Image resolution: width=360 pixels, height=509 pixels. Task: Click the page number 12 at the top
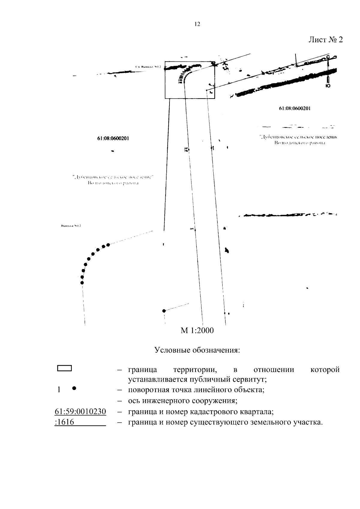point(197,24)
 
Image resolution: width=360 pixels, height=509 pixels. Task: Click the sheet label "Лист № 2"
point(325,40)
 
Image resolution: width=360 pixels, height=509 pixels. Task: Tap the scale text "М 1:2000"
point(197,331)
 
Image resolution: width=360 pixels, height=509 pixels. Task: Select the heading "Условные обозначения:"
point(197,350)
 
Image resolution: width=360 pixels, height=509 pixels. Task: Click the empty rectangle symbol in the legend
point(64,368)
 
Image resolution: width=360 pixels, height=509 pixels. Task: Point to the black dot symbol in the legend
point(74,388)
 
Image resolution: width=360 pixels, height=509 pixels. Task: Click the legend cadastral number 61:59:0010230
point(80,412)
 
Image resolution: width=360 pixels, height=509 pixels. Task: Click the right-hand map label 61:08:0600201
point(295,109)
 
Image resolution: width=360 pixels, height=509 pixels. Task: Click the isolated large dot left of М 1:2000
point(164,311)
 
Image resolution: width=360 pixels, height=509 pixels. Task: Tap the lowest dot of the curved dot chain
point(82,282)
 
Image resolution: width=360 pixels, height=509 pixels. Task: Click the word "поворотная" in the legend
point(145,390)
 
